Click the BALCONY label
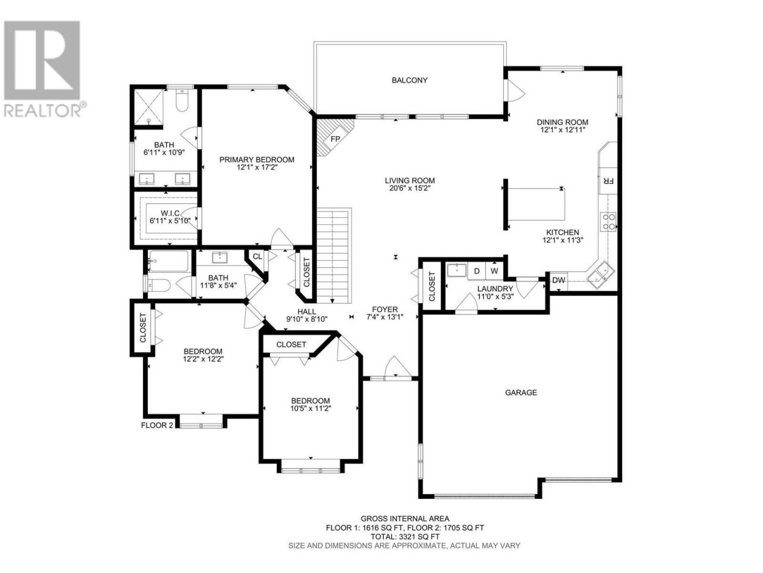click(x=409, y=81)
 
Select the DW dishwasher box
click(x=559, y=281)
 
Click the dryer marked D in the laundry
click(x=476, y=271)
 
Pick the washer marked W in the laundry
click(x=494, y=271)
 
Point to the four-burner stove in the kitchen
click(x=609, y=221)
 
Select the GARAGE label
click(x=521, y=392)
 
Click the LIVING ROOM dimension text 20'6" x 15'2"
click(x=410, y=188)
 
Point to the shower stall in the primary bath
click(x=148, y=107)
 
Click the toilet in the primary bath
click(x=182, y=100)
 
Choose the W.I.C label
click(x=170, y=213)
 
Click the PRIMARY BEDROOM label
click(x=257, y=160)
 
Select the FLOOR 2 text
click(x=157, y=425)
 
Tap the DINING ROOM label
click(x=563, y=122)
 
